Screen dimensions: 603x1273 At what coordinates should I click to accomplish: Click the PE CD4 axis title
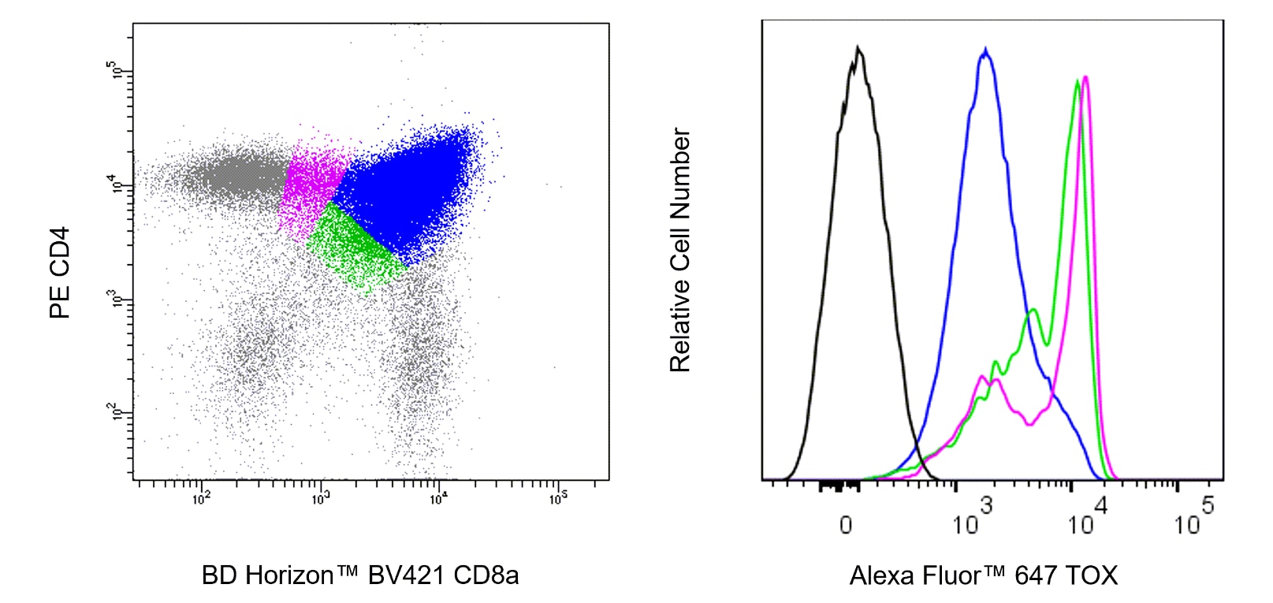click(x=60, y=273)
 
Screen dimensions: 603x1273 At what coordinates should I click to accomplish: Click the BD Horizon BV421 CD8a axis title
click(x=360, y=575)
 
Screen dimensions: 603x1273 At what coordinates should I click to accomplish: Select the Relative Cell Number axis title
click(x=679, y=250)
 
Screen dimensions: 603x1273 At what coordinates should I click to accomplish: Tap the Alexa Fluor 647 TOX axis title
click(x=983, y=575)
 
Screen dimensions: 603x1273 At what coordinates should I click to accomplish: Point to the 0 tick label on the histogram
click(x=845, y=525)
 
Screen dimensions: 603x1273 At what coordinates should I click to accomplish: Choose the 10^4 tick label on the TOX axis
click(x=1087, y=519)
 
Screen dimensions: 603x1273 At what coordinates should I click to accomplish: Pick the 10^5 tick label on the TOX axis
click(x=1193, y=519)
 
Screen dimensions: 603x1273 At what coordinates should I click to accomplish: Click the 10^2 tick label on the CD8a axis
click(x=201, y=498)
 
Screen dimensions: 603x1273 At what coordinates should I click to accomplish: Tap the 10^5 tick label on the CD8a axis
click(x=557, y=498)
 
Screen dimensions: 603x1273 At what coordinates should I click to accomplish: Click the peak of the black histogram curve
click(x=858, y=49)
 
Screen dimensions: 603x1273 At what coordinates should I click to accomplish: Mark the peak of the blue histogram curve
click(x=985, y=51)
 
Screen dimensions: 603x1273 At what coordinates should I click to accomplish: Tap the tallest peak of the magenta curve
click(x=1086, y=77)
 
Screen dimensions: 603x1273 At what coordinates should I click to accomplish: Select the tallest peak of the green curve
click(x=1078, y=81)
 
